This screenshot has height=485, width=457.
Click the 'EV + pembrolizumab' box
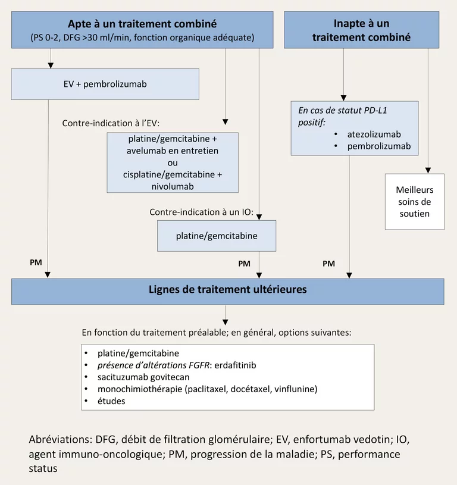point(105,84)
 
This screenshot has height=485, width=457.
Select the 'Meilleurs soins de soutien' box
point(415,202)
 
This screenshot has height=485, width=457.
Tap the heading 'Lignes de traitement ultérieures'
point(228,290)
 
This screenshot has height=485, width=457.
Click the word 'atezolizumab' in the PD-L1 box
point(374,134)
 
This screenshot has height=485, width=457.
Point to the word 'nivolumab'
point(173,186)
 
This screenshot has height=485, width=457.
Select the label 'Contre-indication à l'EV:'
point(111,123)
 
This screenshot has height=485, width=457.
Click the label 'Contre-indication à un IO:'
point(201,212)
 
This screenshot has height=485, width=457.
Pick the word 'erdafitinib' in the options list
point(235,365)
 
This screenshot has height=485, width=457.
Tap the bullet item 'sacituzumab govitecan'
point(143,377)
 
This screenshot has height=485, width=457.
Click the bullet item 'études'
point(111,401)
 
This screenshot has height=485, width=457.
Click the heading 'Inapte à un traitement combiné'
point(361,30)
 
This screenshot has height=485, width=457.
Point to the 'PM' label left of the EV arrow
point(36,262)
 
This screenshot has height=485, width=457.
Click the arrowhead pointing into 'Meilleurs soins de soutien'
point(428,171)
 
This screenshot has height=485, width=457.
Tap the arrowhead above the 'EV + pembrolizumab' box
point(51,65)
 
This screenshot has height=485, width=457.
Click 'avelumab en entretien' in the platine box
point(173,151)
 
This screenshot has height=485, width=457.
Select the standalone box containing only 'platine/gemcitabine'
point(217,236)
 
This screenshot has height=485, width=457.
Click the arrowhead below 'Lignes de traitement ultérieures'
point(225,323)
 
